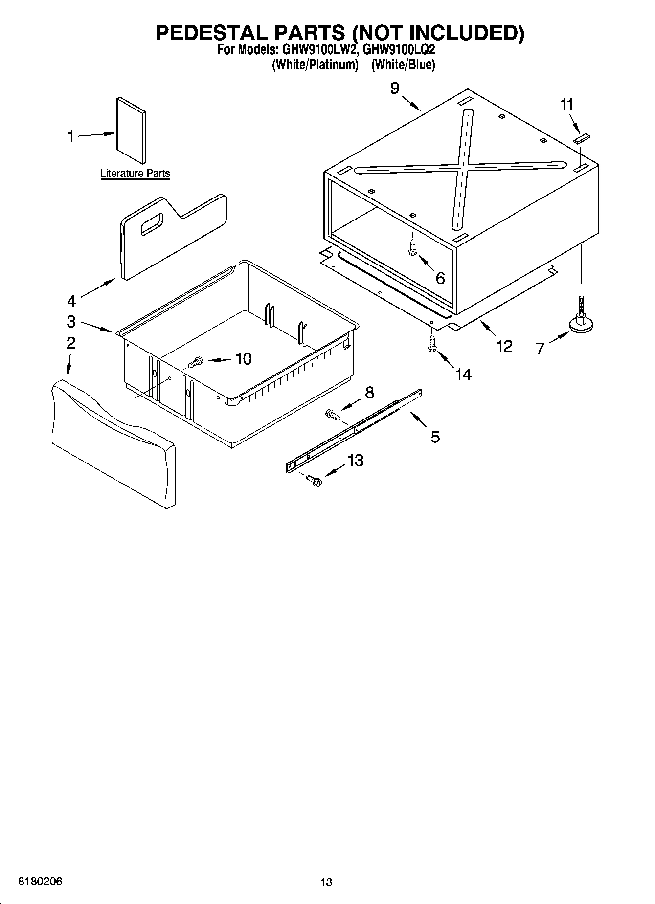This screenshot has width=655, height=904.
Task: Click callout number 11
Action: click(x=566, y=105)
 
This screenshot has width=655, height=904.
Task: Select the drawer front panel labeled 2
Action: click(x=113, y=442)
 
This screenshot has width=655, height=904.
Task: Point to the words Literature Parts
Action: click(x=135, y=173)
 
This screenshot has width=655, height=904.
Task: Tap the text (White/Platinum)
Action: click(x=315, y=65)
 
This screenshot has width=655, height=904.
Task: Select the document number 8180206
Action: click(x=40, y=882)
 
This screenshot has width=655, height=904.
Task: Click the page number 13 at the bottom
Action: click(x=326, y=882)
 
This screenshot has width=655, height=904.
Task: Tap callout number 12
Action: click(x=504, y=346)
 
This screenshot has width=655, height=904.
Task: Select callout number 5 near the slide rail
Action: click(x=435, y=436)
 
